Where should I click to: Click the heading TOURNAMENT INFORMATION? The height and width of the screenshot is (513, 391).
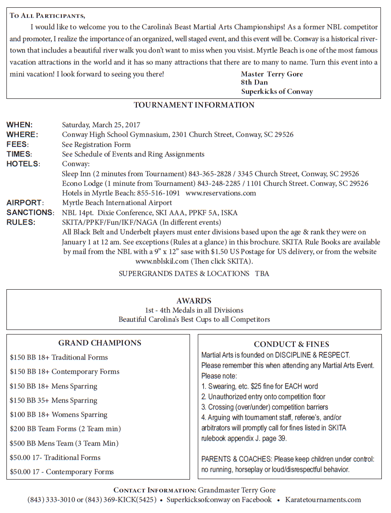coord(194,105)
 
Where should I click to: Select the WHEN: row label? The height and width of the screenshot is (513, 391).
coord(19,125)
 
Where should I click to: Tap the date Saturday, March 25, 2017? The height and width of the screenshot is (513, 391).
coord(101,125)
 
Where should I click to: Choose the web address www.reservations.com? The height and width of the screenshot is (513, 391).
coord(221,193)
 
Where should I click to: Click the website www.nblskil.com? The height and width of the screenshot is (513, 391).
coord(162,261)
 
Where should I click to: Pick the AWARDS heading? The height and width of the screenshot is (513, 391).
coord(194,301)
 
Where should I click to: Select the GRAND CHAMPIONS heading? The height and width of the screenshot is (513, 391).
coord(99,343)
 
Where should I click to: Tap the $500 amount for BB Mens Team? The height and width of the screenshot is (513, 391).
coord(17,443)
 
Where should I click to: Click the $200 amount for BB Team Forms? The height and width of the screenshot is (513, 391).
coord(17,429)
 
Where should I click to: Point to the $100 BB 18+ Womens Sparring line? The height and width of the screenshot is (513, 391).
coord(59,415)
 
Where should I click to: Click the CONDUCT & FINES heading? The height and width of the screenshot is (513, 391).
coord(291,344)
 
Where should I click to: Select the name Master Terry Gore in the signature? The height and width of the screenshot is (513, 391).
coord(272,74)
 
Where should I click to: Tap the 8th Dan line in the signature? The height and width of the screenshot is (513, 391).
coord(253,82)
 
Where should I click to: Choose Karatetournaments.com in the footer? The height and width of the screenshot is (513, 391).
coord(323,500)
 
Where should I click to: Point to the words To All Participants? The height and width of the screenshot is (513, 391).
coord(47,16)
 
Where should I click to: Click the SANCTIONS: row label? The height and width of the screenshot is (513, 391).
coord(30,213)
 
